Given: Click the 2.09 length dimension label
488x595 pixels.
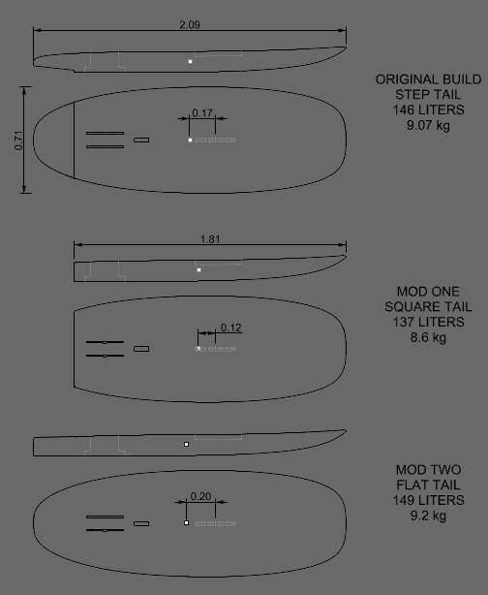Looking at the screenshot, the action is coord(190,24).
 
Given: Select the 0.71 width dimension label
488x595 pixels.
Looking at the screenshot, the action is coord(18,141).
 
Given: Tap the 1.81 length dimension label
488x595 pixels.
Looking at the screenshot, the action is coord(210,239).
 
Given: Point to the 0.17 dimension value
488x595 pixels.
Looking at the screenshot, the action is coord(202,112).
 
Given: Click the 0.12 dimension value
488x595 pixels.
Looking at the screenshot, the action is coord(230,328).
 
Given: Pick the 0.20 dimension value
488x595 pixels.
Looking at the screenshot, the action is coord(200,496).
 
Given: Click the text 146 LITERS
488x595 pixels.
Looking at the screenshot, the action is coord(429,110).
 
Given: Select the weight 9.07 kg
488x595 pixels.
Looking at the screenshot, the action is coord(429,125).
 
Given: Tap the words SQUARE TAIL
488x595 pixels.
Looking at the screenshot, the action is coord(429,306).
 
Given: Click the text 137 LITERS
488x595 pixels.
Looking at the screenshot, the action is coord(429,322).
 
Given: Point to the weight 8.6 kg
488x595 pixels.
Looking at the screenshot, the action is coord(429,337).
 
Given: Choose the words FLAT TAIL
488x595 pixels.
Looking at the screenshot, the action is coord(429,485).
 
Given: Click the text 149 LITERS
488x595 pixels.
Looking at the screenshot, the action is coord(429,500).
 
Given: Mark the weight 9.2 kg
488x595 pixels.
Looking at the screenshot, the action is coord(429,516).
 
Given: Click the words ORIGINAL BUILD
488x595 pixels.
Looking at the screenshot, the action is coord(429,79).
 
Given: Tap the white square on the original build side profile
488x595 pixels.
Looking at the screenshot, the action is coord(191,61).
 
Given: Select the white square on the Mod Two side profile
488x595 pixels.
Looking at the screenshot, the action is coord(186,445).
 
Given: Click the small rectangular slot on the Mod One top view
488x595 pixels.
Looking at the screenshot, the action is coord(141,349).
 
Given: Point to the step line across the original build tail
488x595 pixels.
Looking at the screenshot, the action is coord(74,140).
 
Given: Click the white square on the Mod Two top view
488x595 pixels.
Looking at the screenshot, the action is coord(186,523).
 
